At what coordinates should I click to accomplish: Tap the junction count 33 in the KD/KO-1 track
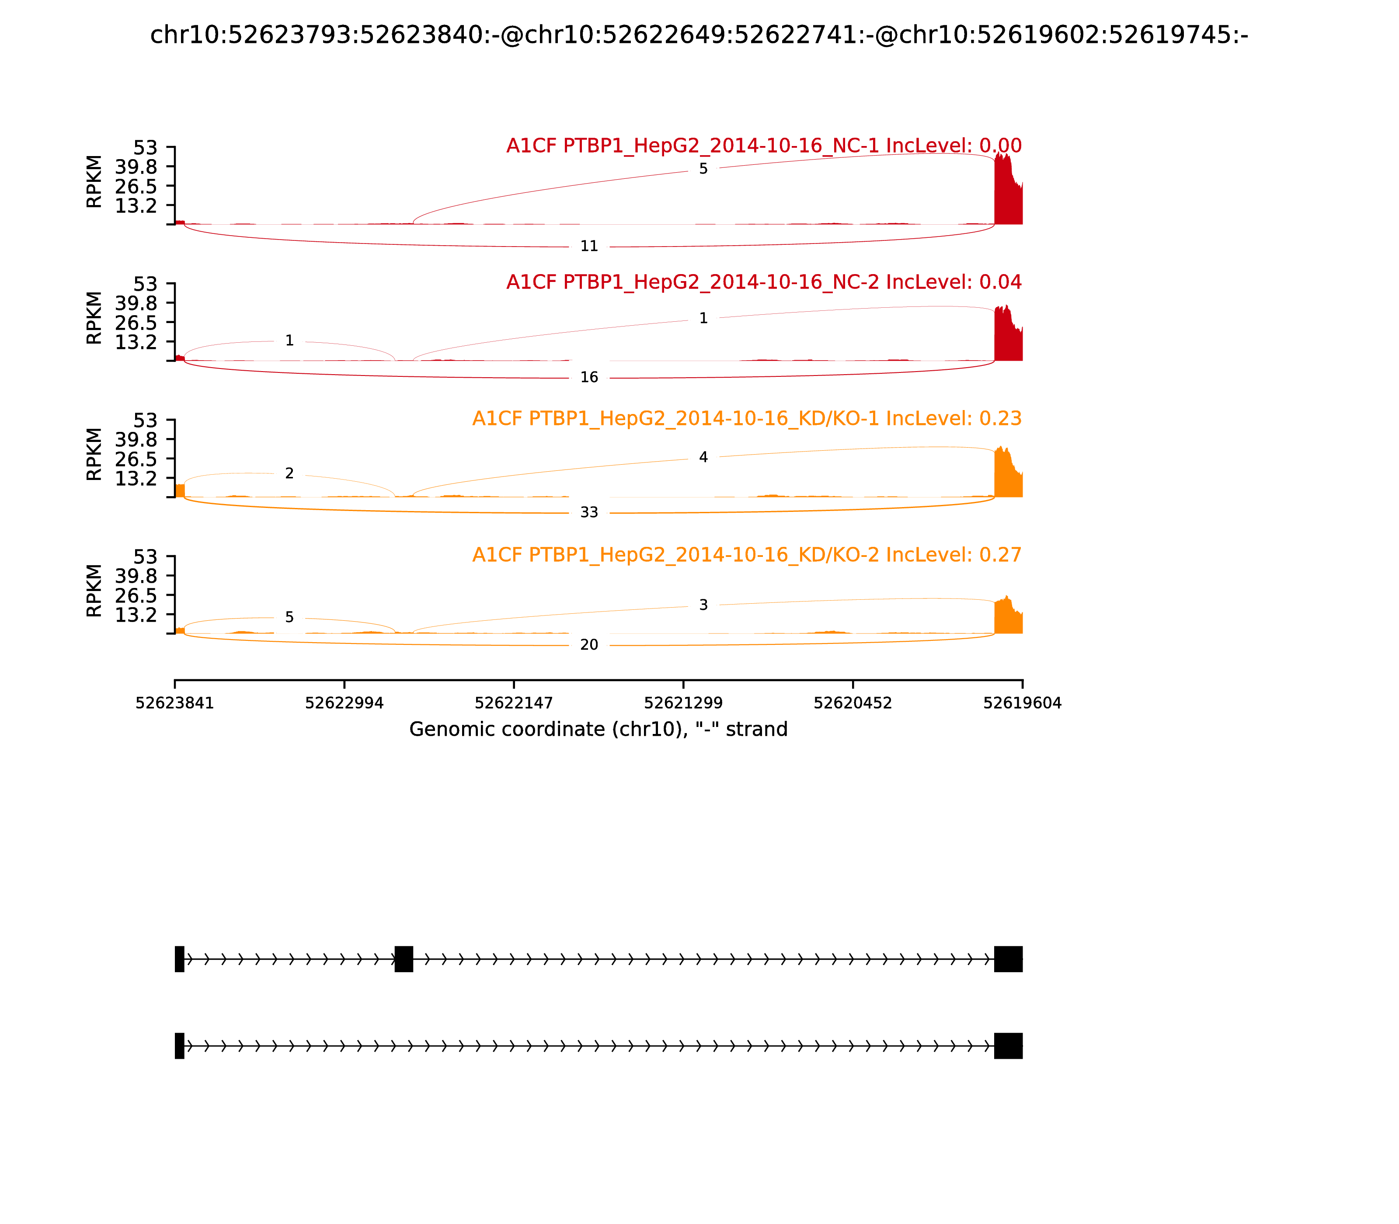click(x=589, y=513)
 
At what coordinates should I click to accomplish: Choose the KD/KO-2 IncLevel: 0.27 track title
click(x=747, y=555)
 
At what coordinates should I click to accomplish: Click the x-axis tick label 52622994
click(x=345, y=703)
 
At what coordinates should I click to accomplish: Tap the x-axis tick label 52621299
click(x=683, y=703)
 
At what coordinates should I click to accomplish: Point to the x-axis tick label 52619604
click(x=1022, y=703)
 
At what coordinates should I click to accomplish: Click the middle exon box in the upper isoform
click(x=404, y=959)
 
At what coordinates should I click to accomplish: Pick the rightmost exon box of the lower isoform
click(x=1008, y=1046)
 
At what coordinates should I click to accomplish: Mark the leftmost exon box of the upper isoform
click(x=180, y=959)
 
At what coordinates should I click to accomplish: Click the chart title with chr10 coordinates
click(x=699, y=35)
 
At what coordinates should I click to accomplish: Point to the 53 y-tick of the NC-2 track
click(x=145, y=284)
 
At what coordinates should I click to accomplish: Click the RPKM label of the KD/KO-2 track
click(x=94, y=590)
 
